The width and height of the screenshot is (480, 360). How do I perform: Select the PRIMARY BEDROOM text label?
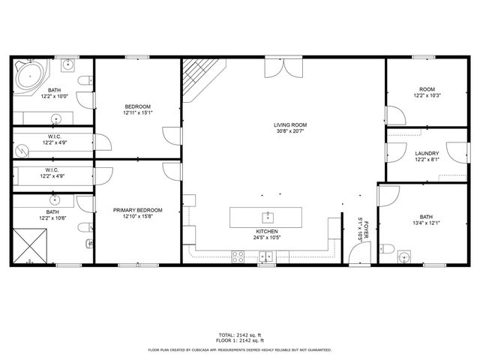[138, 210]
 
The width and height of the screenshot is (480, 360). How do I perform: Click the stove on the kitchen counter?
[239, 256]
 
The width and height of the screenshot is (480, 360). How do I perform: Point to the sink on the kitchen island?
[265, 215]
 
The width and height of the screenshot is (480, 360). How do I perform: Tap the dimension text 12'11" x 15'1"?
[138, 113]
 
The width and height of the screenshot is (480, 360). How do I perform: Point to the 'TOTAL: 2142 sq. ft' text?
[240, 334]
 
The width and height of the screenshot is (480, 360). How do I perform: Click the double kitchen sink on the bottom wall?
[266, 257]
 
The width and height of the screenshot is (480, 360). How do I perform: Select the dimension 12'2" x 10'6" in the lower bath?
[53, 219]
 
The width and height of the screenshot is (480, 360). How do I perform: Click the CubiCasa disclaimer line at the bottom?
[240, 349]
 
